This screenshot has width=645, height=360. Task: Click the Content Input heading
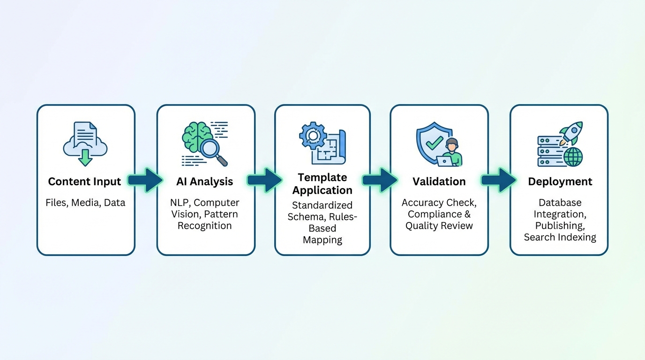[84, 181]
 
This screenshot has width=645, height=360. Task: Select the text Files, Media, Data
[85, 203]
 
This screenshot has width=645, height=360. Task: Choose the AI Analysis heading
[205, 181]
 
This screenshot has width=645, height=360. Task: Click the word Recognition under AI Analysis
[205, 225]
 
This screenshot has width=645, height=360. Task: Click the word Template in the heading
[322, 178]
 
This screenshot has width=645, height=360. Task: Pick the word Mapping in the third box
[322, 240]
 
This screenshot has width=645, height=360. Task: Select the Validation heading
[439, 181]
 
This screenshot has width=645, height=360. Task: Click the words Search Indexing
[560, 237]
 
